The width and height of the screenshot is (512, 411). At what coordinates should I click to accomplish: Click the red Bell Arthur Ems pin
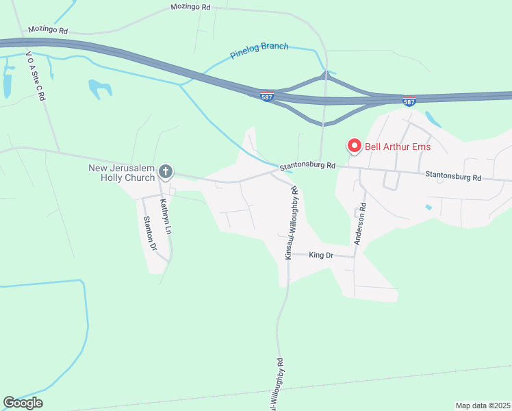(354, 146)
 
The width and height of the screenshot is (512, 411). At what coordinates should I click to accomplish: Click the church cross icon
(165, 171)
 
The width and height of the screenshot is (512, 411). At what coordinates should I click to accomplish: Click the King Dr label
(320, 256)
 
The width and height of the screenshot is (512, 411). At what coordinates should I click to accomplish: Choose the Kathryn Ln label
(164, 217)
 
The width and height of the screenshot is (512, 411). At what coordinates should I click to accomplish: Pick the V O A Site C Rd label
(35, 75)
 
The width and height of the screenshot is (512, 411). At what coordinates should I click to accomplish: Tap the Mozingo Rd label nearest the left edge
(48, 30)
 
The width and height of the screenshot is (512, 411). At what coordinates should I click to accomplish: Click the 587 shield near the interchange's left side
(267, 97)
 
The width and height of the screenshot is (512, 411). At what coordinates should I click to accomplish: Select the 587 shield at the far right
(409, 101)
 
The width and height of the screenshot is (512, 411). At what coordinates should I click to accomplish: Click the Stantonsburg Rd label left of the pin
(307, 166)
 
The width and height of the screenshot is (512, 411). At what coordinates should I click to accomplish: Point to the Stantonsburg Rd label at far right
(453, 177)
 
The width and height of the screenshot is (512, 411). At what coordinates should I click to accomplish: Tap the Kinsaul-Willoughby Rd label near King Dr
(292, 224)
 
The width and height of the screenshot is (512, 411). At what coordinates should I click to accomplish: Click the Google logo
(23, 403)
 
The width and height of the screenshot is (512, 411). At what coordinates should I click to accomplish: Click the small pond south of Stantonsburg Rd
(428, 207)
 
